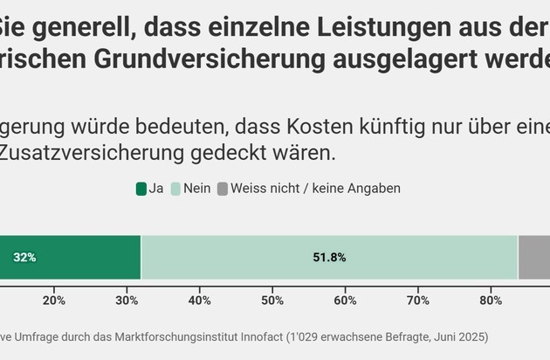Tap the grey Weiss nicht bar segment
534,258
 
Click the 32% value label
24,258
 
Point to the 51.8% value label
329,258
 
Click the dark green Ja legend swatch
141,188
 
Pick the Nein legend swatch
175,188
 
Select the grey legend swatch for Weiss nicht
222,188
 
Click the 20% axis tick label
54,301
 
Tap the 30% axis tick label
127,301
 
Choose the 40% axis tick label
200,301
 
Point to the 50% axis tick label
272,301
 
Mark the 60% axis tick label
345,301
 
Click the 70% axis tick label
418,301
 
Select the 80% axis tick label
491,301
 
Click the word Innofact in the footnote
268,336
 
